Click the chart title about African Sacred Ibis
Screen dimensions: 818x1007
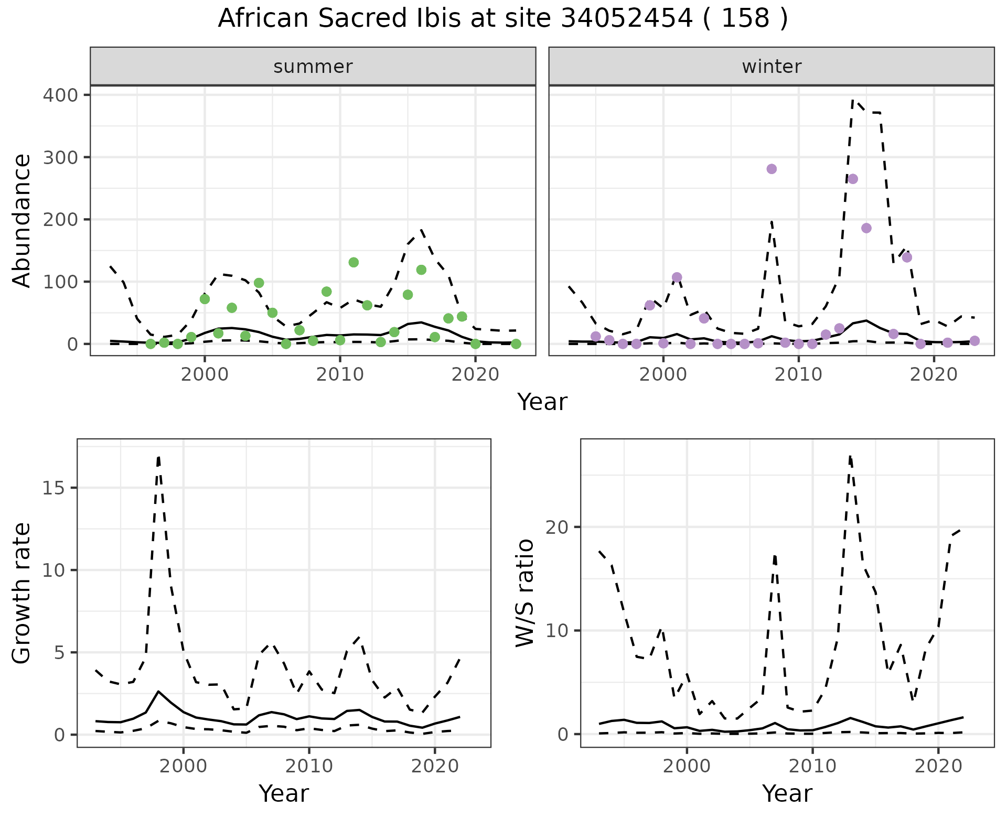click(502, 19)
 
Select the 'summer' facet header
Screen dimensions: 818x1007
click(313, 67)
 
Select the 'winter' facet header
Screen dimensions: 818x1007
click(771, 67)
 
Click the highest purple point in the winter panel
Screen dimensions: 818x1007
click(771, 169)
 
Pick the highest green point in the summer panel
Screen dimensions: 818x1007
click(353, 262)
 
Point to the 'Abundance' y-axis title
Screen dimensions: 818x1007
click(22, 220)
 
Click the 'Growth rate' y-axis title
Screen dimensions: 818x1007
click(22, 593)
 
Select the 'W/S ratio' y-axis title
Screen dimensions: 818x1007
click(525, 593)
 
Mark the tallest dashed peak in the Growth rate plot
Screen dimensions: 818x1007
click(158, 457)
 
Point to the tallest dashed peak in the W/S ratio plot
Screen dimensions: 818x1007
click(850, 456)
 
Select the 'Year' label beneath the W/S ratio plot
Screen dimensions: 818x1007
click(787, 794)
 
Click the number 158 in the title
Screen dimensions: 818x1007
click(745, 19)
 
